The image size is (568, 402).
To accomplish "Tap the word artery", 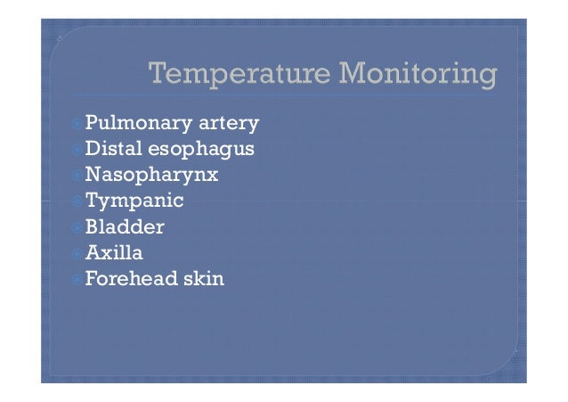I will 220,122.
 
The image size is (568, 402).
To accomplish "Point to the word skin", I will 203,279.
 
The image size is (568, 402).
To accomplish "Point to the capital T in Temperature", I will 158,77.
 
